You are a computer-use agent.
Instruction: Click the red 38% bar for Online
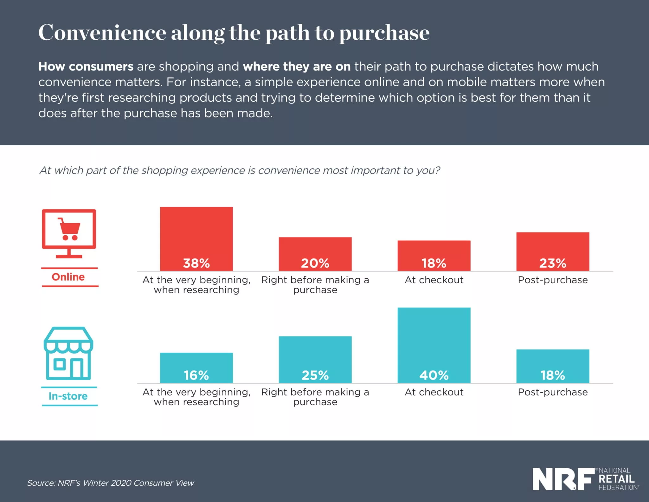196,238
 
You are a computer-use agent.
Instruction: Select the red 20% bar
315,254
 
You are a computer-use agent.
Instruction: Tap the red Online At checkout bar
434,255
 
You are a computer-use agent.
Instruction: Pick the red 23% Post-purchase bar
553,251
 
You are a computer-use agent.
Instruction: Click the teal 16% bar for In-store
196,368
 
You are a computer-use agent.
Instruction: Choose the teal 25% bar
315,359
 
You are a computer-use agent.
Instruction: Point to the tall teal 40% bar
434,345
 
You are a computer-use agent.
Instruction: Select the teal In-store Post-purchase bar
553,366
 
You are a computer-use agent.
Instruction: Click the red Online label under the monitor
68,277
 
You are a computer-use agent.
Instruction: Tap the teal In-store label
68,396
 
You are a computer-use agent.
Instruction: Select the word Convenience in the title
102,33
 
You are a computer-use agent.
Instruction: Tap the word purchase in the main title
384,33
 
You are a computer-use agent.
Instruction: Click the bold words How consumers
86,67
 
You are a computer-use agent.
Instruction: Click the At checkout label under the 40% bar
434,392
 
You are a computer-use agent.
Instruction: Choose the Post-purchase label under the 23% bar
553,280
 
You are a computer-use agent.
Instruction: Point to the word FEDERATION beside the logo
618,487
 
